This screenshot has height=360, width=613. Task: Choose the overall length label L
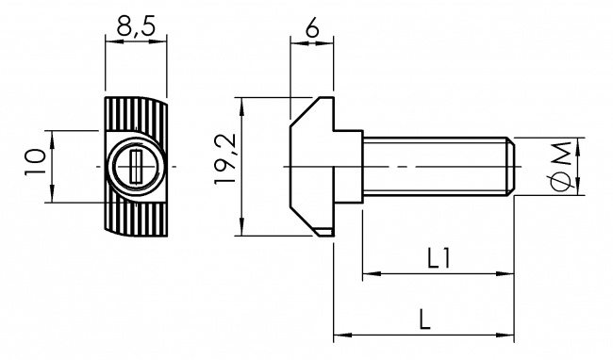[424, 319]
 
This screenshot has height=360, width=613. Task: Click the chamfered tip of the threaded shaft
[509, 167]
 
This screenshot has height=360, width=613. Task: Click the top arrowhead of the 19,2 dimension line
[243, 102]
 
